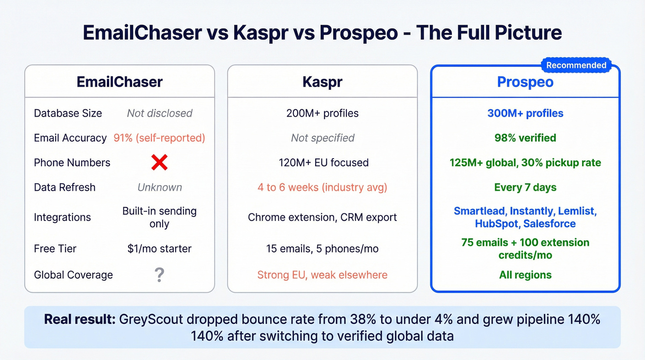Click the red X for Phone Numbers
click(x=159, y=163)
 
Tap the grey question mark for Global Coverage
click(x=159, y=275)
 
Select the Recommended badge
click(x=576, y=65)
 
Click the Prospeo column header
click(x=525, y=82)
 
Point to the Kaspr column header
click(x=322, y=82)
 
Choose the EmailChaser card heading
click(x=120, y=82)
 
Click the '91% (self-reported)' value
click(x=159, y=138)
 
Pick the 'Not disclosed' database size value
click(x=159, y=113)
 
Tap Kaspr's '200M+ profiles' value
click(x=322, y=113)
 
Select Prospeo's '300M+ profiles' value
click(x=525, y=113)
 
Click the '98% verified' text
click(x=525, y=138)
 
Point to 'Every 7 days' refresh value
click(x=525, y=188)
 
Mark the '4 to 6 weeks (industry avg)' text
click(x=322, y=188)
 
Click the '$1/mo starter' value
click(x=159, y=249)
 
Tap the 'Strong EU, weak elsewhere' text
click(x=322, y=275)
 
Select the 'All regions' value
click(x=525, y=275)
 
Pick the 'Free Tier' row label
click(x=55, y=249)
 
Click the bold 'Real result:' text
click(x=80, y=319)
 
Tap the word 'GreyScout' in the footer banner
click(x=147, y=319)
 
